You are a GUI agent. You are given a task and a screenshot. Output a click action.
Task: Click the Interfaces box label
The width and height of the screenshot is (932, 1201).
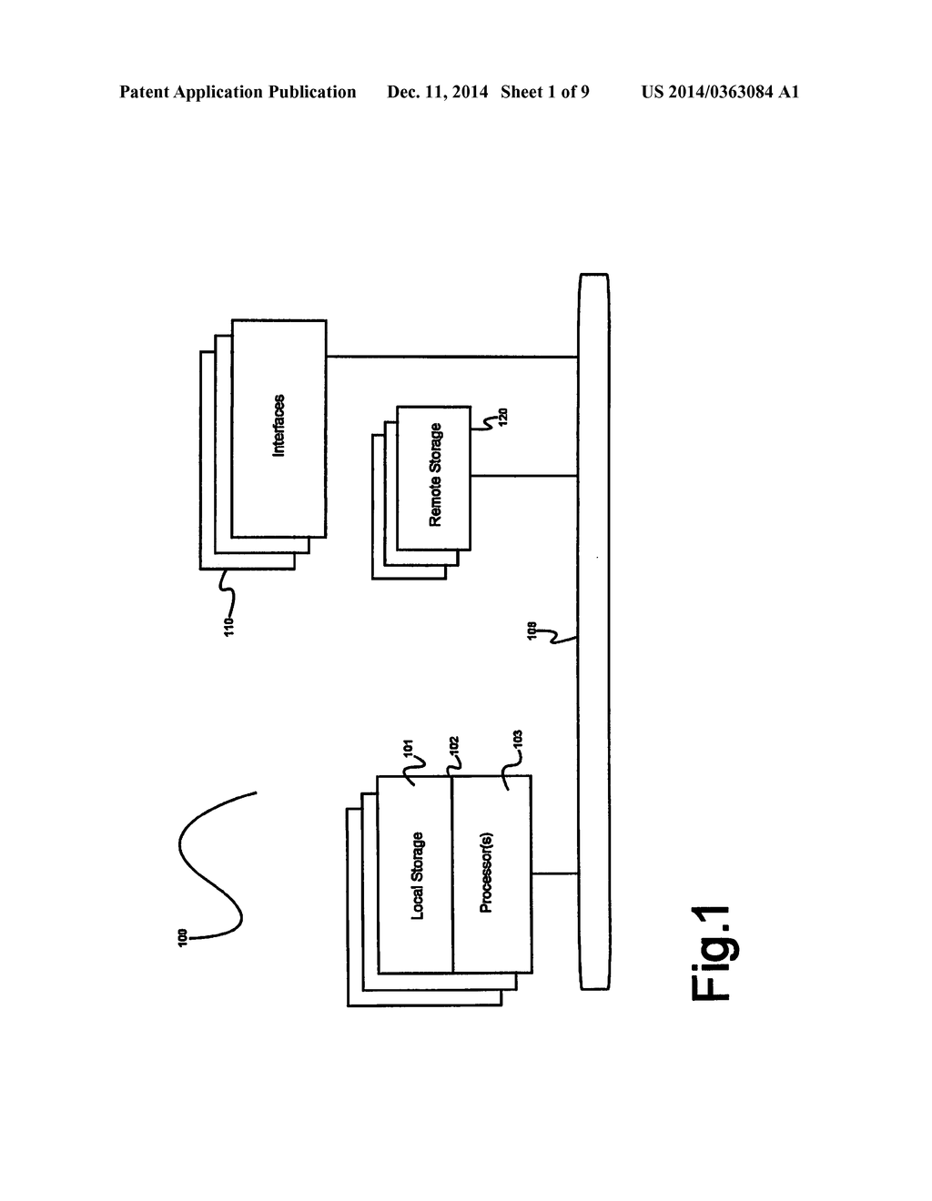279,425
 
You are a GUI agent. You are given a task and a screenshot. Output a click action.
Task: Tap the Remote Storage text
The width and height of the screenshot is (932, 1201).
435,475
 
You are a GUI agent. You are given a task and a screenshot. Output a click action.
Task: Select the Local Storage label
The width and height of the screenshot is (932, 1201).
417,875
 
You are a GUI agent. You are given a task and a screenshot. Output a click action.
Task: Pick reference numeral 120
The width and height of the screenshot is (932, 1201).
502,418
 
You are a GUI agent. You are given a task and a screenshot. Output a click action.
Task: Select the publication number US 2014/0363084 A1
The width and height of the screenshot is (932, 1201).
720,92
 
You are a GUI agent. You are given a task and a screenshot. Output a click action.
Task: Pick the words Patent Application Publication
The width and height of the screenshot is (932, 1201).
238,92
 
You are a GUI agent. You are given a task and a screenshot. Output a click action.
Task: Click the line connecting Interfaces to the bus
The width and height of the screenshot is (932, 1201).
452,357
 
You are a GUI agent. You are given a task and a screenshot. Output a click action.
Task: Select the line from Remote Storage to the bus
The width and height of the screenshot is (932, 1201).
524,476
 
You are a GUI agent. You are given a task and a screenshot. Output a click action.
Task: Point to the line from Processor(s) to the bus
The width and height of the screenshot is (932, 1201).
555,874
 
